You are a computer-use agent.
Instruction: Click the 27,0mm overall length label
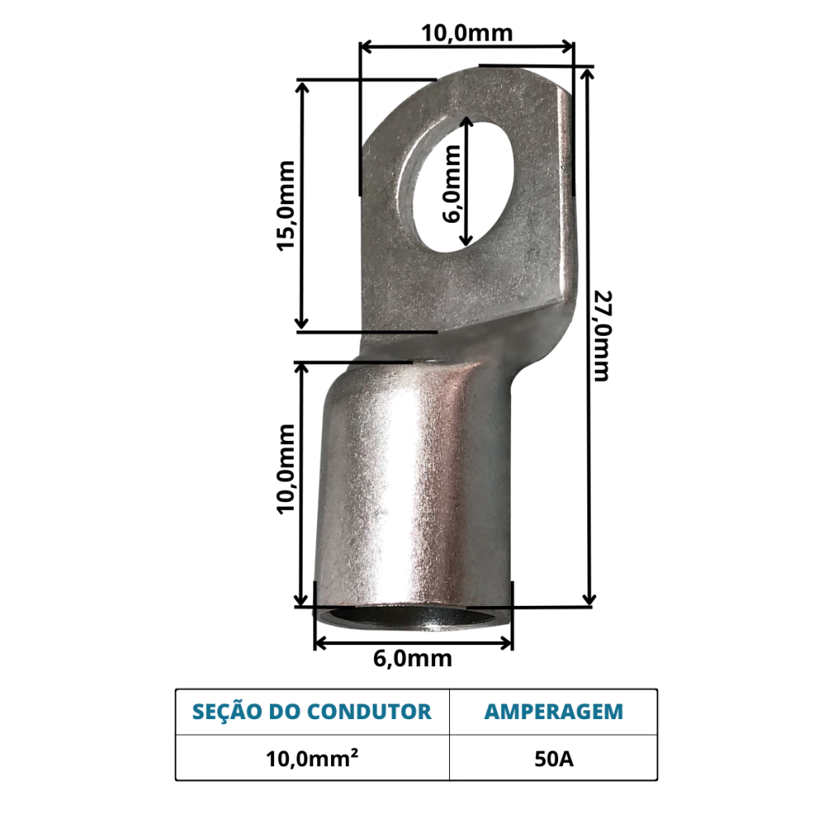tap(603, 336)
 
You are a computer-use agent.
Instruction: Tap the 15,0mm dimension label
tap(286, 206)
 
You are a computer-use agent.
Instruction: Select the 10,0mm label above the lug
tap(467, 33)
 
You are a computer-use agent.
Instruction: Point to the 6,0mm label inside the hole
tap(451, 184)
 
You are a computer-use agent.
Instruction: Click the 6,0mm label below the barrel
tap(412, 659)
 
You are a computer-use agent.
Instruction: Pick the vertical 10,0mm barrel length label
tap(286, 469)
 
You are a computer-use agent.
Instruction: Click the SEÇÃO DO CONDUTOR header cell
tap(312, 712)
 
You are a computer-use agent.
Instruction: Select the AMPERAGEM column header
tap(553, 712)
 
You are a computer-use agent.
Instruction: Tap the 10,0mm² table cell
tap(312, 759)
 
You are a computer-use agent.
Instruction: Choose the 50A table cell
tap(554, 759)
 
